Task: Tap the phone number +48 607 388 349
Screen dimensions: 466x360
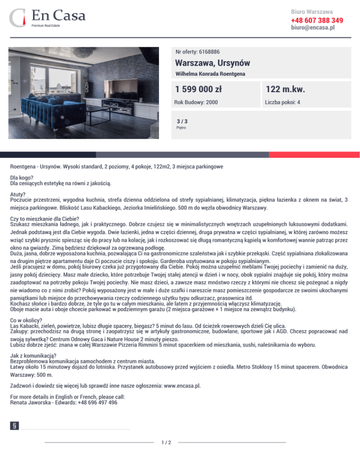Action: [x=317, y=20]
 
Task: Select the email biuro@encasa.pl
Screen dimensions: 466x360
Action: [x=313, y=28]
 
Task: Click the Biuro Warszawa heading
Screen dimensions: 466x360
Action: [x=312, y=11]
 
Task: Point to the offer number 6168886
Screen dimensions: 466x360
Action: [x=198, y=52]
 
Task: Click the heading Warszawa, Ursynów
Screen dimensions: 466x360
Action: [x=212, y=63]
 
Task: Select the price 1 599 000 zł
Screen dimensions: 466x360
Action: [x=199, y=89]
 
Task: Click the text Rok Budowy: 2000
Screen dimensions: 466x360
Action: [x=196, y=102]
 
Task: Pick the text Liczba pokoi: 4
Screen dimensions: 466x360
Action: [x=283, y=102]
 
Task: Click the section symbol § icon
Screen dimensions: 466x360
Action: [x=16, y=426]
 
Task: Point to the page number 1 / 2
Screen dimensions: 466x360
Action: [x=166, y=442]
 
